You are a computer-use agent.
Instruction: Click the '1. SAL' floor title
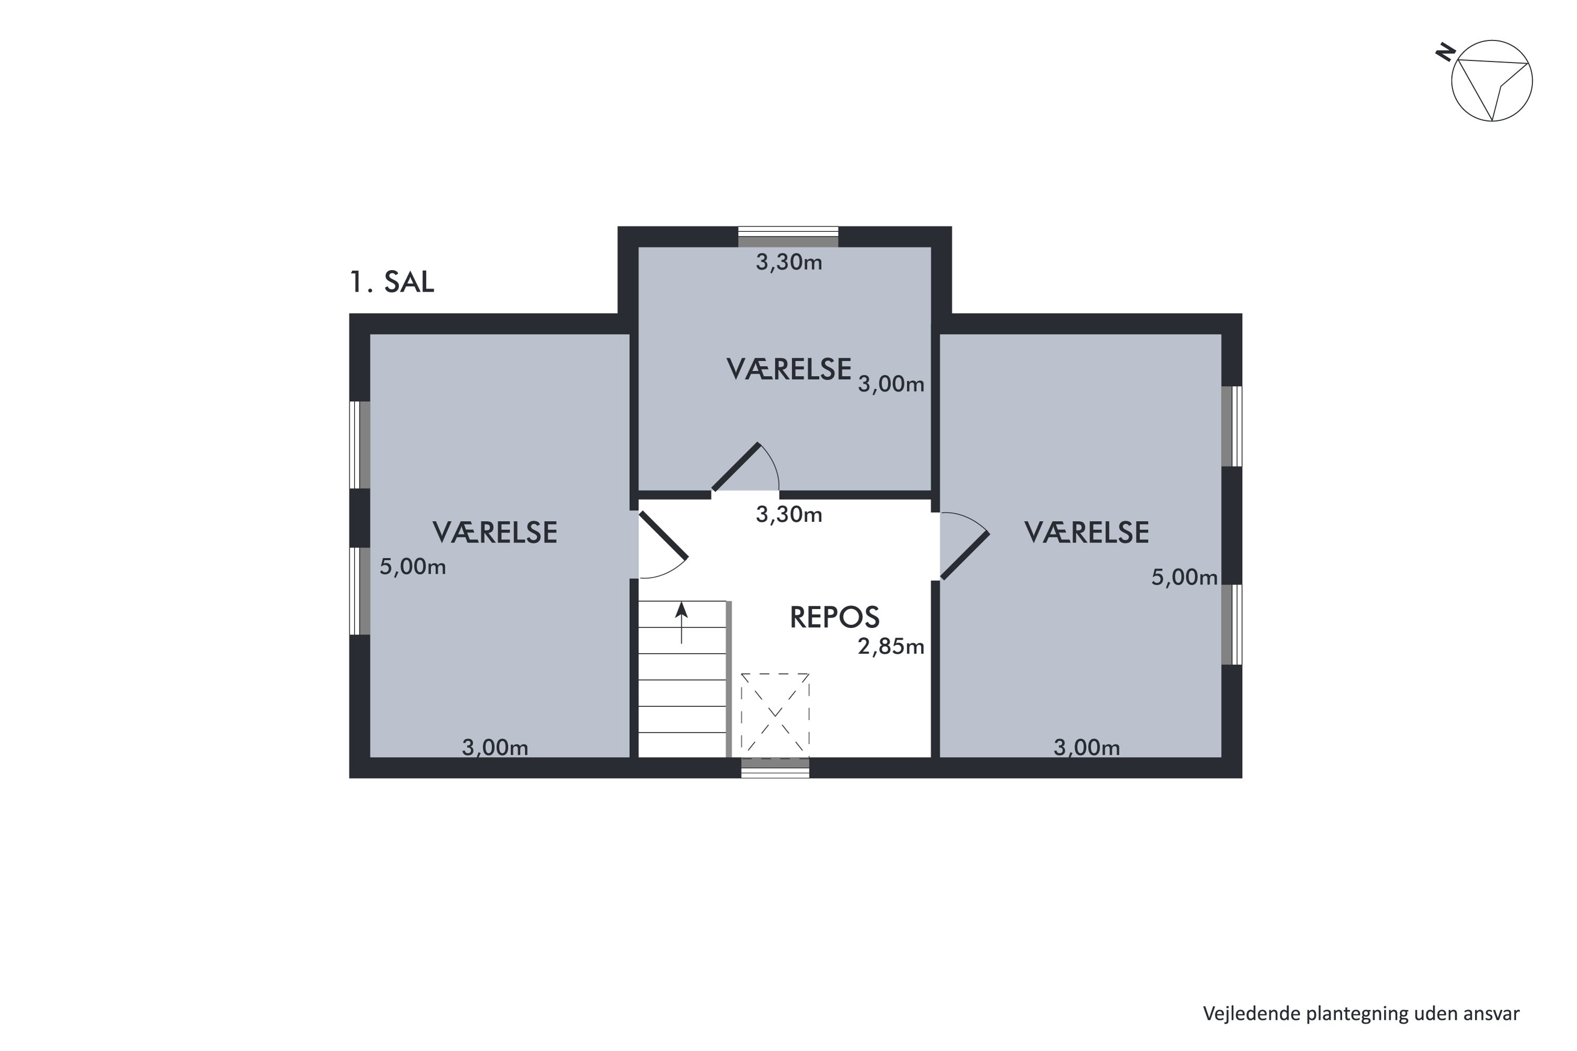click(392, 282)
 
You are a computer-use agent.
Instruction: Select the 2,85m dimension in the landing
click(891, 647)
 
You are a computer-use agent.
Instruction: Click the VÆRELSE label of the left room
click(495, 533)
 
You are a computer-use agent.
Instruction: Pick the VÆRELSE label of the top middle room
click(789, 370)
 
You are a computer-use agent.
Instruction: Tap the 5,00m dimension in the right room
click(1184, 577)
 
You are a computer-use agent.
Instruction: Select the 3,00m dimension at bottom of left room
click(495, 747)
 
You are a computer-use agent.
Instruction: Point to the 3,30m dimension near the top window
click(788, 262)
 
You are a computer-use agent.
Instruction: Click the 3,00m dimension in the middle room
click(891, 384)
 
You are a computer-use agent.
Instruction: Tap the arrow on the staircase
click(681, 623)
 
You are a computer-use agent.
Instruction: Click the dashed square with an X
click(774, 716)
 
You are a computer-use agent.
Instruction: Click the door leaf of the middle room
click(735, 467)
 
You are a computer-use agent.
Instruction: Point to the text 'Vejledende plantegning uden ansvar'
click(1361, 1014)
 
